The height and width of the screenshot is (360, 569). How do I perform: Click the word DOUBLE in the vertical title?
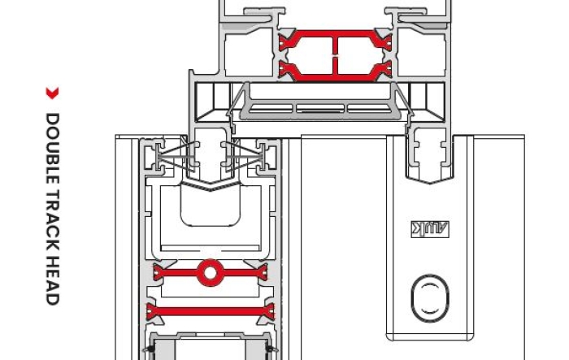coord(53,143)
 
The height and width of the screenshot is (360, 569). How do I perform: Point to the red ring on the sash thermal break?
coord(211,273)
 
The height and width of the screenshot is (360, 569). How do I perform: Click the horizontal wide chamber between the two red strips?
coord(211,292)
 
